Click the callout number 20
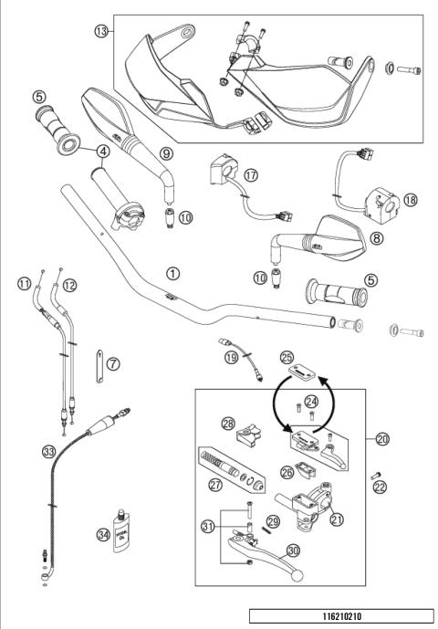point(382,439)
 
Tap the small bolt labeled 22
point(373,475)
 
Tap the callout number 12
point(70,285)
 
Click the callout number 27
point(216,486)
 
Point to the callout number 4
point(105,151)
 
